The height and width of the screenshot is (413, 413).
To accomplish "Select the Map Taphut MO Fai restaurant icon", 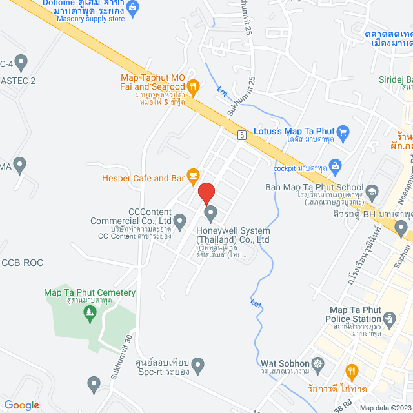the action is (x=192, y=86).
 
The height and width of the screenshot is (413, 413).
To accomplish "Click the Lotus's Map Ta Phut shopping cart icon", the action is (x=343, y=133).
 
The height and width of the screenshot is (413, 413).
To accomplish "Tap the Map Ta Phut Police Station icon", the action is (x=388, y=319).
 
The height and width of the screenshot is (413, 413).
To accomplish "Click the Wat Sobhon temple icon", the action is (x=316, y=363).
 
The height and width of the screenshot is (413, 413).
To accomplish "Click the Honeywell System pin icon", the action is (x=210, y=213).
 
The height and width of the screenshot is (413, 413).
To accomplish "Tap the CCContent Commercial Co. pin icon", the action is (x=181, y=222).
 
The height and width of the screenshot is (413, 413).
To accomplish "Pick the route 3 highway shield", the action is (x=241, y=135).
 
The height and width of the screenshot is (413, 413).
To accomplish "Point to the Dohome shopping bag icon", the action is (x=133, y=8).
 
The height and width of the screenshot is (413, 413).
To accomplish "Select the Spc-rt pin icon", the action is (x=198, y=366).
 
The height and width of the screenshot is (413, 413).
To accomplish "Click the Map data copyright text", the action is (x=385, y=408).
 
